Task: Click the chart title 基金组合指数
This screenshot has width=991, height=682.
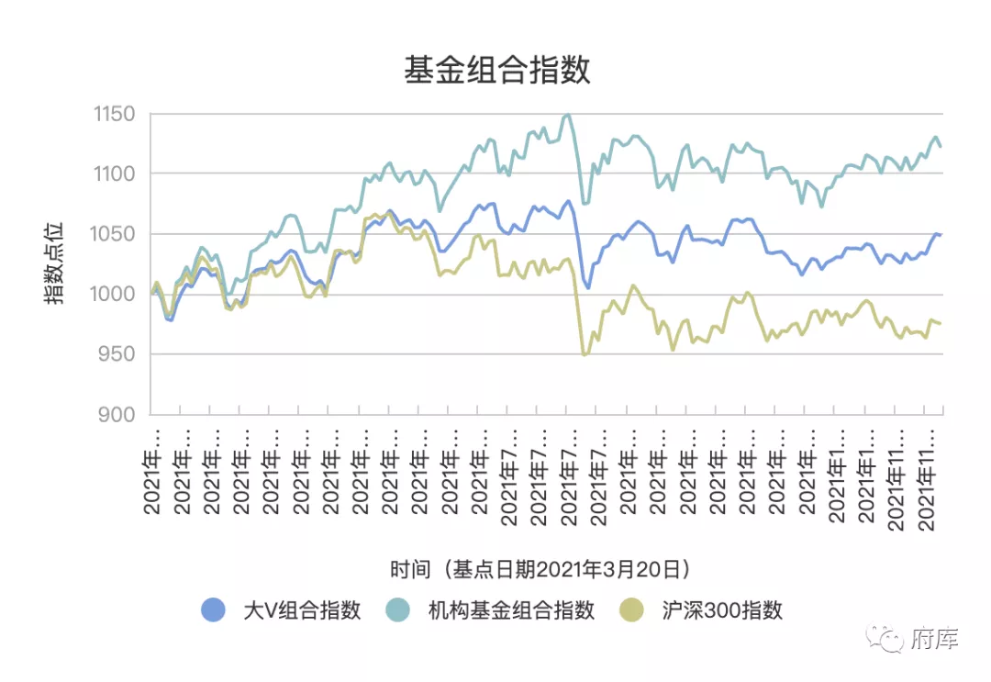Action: pyautogui.click(x=496, y=70)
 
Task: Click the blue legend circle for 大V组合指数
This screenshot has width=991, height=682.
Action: pyautogui.click(x=213, y=610)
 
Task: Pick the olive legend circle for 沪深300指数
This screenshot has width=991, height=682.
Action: pyautogui.click(x=631, y=610)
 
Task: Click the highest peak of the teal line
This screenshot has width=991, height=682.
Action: pyautogui.click(x=567, y=115)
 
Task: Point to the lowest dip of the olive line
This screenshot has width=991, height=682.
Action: pyautogui.click(x=585, y=354)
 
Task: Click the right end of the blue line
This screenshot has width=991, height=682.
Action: pyautogui.click(x=941, y=234)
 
